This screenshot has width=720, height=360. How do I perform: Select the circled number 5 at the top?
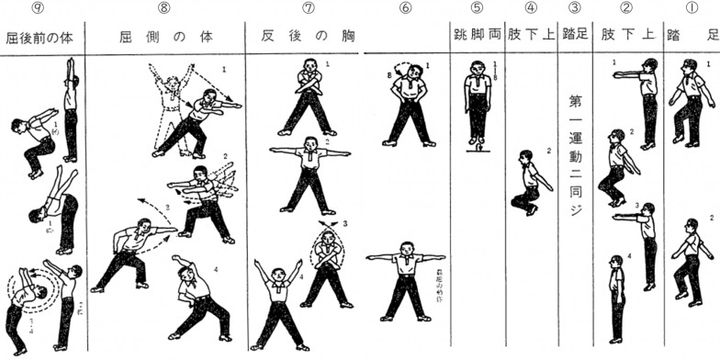click(x=476, y=9)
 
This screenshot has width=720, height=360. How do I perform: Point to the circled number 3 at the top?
click(x=573, y=9)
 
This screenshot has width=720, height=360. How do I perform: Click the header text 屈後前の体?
click(x=42, y=37)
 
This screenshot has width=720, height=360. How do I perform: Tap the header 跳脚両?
click(x=476, y=37)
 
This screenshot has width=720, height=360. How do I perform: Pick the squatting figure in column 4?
click(x=528, y=184)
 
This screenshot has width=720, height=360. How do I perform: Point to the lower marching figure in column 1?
click(x=688, y=259)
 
